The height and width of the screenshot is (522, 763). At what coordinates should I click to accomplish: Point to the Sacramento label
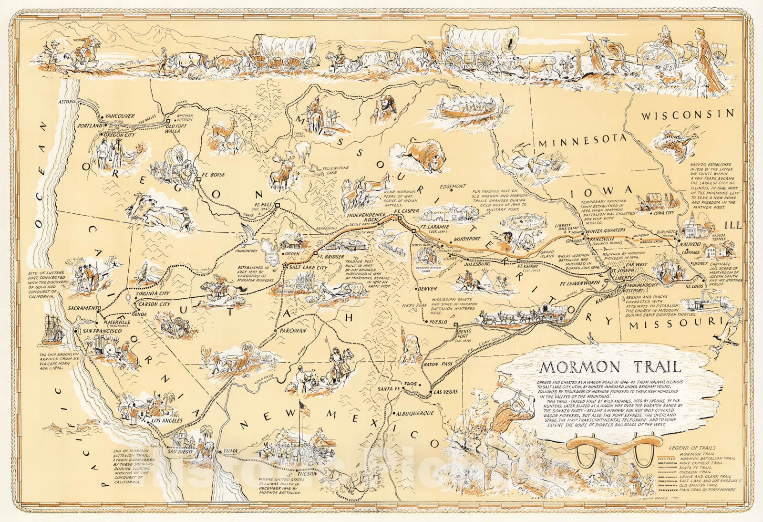point(82,308)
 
